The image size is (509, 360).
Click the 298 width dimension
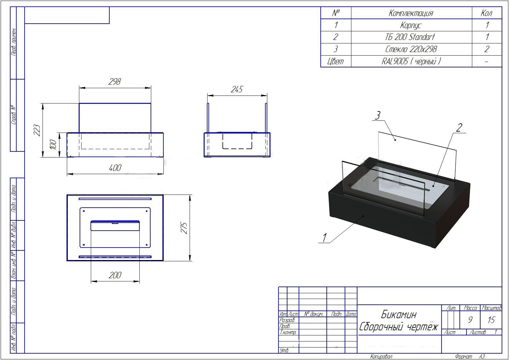click(x=114, y=81)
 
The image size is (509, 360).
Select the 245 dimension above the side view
click(x=237, y=89)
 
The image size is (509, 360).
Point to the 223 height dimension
click(x=37, y=130)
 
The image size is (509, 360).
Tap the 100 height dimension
click(x=53, y=145)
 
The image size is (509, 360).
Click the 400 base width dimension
click(x=115, y=168)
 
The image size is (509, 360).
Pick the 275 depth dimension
click(x=184, y=228)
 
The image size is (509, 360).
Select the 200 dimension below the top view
click(x=115, y=275)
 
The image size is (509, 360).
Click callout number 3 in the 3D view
click(x=377, y=115)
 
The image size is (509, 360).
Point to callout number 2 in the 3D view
click(x=459, y=127)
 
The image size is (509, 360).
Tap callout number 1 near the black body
click(x=325, y=238)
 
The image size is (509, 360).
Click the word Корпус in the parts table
click(x=411, y=25)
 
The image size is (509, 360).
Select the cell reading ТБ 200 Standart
click(x=410, y=37)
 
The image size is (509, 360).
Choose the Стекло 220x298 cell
click(x=411, y=49)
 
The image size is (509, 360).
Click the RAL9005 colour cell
click(x=411, y=61)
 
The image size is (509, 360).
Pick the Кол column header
click(x=487, y=13)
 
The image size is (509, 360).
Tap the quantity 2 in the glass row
click(x=487, y=49)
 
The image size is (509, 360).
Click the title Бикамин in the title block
click(x=399, y=315)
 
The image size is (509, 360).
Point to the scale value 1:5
click(x=491, y=320)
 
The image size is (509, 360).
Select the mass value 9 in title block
click(x=470, y=320)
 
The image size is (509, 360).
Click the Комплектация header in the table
click(x=411, y=13)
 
